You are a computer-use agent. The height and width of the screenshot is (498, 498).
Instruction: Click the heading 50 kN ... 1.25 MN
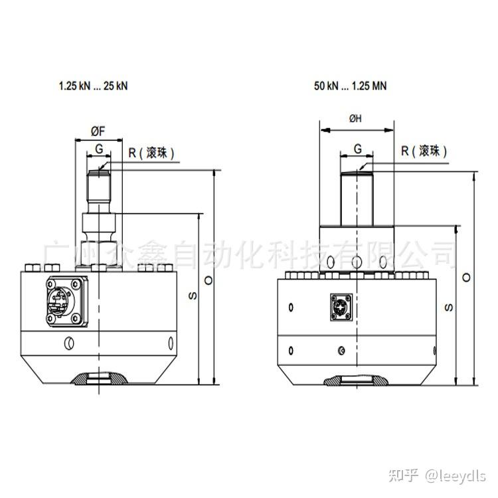(x=350, y=86)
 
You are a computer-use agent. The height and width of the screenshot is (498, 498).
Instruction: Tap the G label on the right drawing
(x=357, y=149)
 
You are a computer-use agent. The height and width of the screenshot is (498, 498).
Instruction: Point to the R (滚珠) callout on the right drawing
(x=424, y=151)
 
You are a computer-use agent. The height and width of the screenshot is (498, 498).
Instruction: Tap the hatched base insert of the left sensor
(x=99, y=379)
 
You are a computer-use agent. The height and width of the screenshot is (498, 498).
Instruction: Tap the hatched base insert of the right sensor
(x=357, y=380)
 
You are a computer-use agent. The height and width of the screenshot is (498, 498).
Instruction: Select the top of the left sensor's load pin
(x=99, y=173)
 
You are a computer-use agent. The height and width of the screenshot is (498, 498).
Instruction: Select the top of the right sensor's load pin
(x=357, y=174)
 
